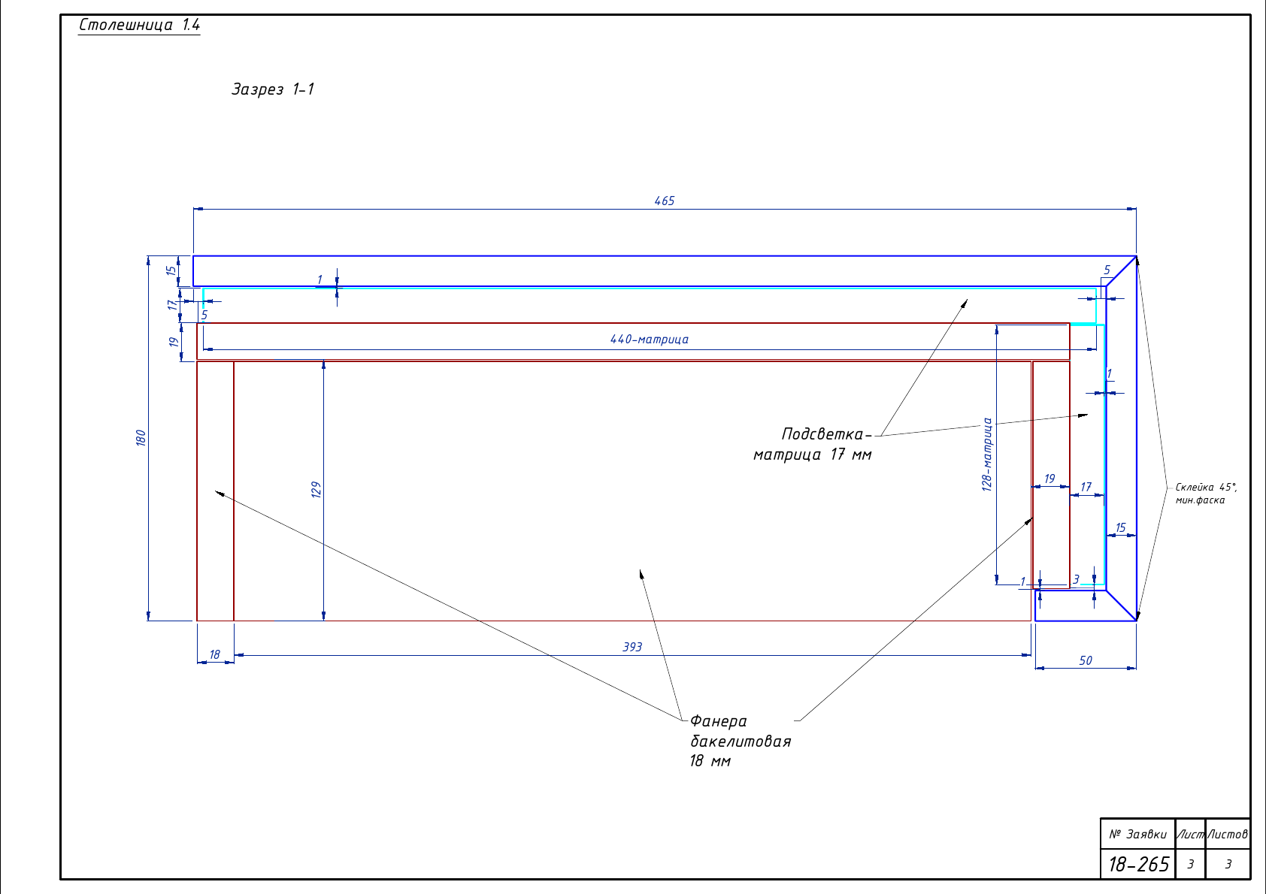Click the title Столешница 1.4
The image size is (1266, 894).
(x=139, y=25)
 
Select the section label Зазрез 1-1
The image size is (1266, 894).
(x=273, y=89)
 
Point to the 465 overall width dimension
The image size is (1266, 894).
(x=665, y=201)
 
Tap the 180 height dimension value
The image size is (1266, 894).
(x=141, y=438)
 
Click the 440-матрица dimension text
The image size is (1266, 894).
(x=650, y=339)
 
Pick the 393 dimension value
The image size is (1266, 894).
(x=632, y=647)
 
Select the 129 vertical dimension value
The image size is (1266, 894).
(x=316, y=489)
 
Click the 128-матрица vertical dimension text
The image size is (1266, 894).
(x=987, y=455)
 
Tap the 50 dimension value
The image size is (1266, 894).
(x=1086, y=660)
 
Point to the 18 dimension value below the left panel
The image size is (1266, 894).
(x=215, y=654)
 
